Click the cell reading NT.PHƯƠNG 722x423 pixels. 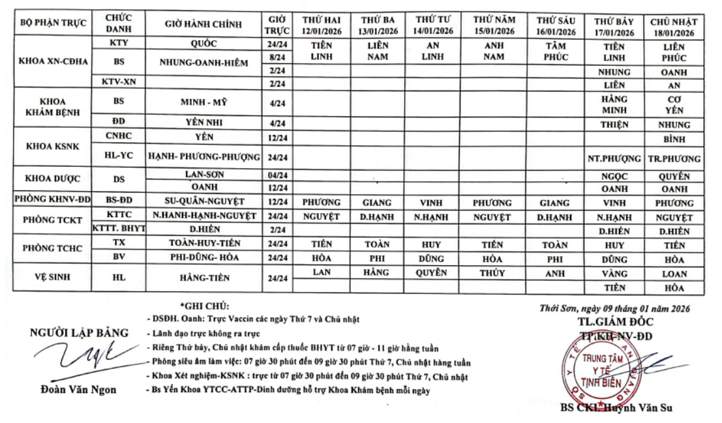[612, 158]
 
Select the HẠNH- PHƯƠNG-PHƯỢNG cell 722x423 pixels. [203, 158]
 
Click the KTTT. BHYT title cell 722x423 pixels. [118, 229]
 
